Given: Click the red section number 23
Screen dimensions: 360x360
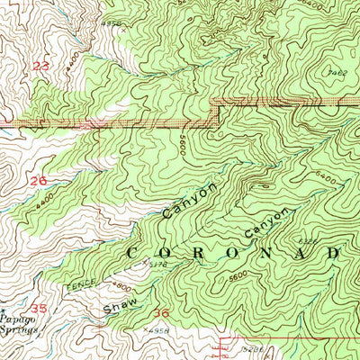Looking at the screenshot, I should pyautogui.click(x=40, y=67).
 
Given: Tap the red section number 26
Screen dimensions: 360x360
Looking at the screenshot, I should pyautogui.click(x=38, y=180).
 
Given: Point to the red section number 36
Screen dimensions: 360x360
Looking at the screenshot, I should pyautogui.click(x=161, y=312).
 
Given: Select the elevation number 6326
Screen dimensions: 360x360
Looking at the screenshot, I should pyautogui.click(x=308, y=241).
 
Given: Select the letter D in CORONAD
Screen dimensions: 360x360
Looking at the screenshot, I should pyautogui.click(x=333, y=254).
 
